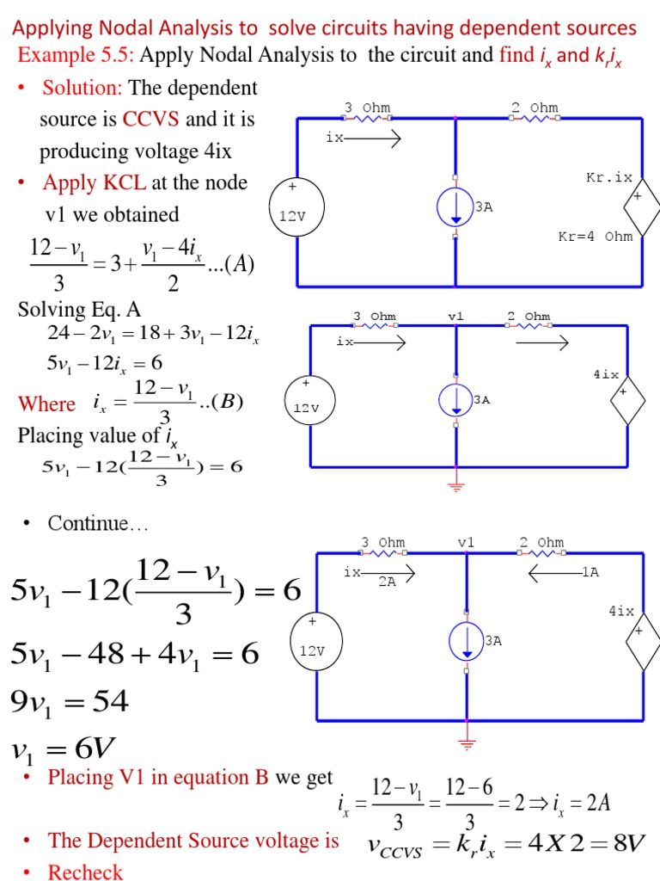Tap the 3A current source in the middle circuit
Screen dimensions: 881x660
(x=455, y=399)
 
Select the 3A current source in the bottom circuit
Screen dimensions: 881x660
(x=467, y=641)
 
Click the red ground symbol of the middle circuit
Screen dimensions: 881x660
(x=455, y=487)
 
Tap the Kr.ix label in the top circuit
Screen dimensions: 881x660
(x=608, y=178)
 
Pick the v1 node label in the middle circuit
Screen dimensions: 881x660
(x=455, y=317)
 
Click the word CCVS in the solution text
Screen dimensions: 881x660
(x=150, y=120)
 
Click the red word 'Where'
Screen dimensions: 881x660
(x=47, y=404)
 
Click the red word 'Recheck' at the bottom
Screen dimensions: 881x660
(x=85, y=872)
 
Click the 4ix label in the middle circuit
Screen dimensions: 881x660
(x=605, y=375)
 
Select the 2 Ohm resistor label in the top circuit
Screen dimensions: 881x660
(x=534, y=108)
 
